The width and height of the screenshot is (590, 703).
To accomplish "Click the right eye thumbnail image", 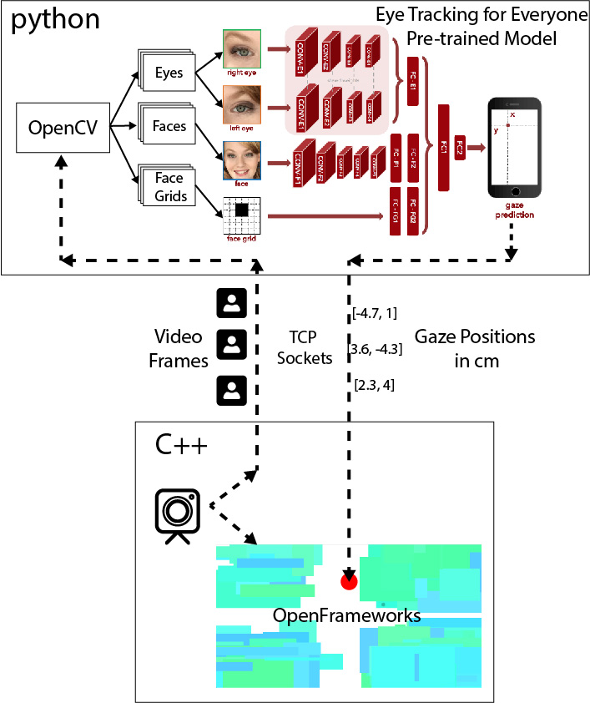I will tap(242, 49).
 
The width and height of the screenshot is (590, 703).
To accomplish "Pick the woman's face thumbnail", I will tap(242, 161).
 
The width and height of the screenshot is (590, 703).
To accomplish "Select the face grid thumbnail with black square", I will tap(242, 215).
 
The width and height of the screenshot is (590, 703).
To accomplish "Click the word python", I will tap(56, 20).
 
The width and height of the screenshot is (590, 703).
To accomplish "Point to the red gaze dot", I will tap(349, 581).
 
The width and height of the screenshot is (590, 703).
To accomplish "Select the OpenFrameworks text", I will tap(347, 615).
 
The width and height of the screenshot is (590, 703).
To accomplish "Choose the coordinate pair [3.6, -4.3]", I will tap(375, 350).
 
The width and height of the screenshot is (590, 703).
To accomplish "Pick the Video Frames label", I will tap(179, 347).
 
